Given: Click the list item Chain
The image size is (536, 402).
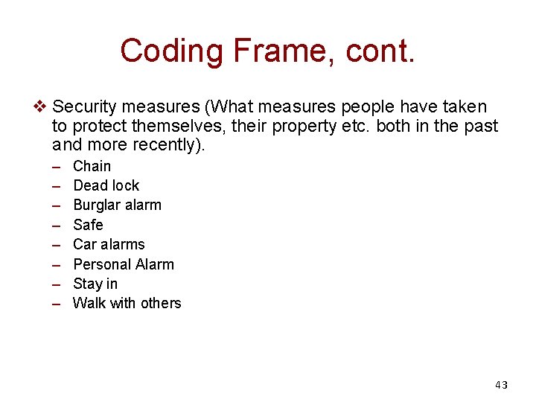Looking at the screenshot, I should click(x=92, y=166).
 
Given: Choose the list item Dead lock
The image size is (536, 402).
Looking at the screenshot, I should click(x=106, y=185).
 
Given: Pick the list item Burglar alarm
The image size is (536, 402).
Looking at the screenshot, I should click(x=117, y=205).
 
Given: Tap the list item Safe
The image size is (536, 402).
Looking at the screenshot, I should click(x=88, y=225).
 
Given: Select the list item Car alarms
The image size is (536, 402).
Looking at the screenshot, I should click(x=109, y=244).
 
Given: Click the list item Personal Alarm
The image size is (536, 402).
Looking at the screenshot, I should click(x=124, y=264).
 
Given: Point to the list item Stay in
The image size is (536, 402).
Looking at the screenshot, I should click(x=95, y=284).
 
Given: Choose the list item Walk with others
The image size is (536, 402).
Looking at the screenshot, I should click(x=127, y=303).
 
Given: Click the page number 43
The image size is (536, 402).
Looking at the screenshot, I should click(x=501, y=385).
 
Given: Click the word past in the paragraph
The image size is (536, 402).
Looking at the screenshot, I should click(x=479, y=126).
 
